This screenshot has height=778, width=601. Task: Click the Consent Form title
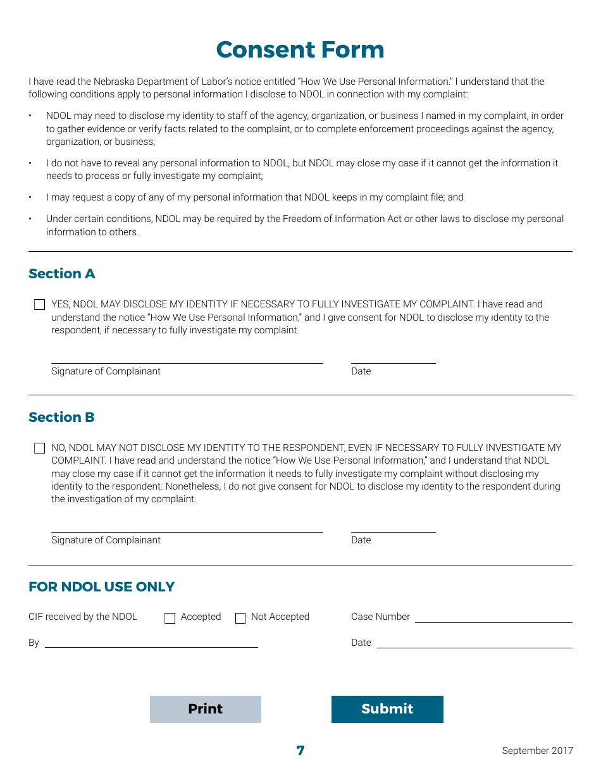click(300, 50)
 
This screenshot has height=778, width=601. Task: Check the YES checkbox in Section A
click(40, 305)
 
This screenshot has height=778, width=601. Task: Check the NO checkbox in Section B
click(40, 448)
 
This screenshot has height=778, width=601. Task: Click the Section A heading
click(61, 274)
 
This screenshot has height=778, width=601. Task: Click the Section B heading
click(61, 417)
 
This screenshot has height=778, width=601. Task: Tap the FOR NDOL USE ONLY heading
click(101, 587)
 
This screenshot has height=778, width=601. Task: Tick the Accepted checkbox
click(170, 619)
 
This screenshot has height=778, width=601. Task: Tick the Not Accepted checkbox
click(240, 619)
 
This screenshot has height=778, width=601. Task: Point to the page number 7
click(300, 751)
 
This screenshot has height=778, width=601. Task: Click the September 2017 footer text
click(537, 751)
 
